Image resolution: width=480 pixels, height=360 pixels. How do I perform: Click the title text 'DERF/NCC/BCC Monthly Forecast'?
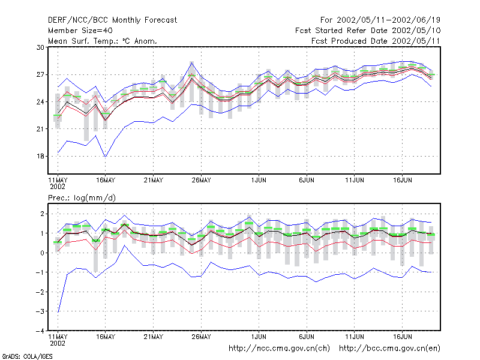[112, 20]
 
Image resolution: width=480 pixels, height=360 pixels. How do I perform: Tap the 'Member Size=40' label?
[80, 31]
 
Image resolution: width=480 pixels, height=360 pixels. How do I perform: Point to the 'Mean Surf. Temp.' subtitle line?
[102, 41]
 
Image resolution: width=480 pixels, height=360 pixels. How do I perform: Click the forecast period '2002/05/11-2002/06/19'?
[388, 20]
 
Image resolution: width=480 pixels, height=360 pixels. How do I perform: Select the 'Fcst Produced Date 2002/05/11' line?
[376, 41]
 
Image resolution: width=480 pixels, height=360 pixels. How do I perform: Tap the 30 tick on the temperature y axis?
[40, 47]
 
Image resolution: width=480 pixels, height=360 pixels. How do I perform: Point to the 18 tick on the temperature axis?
[40, 156]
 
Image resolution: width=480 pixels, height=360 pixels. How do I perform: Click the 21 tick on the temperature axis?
[40, 129]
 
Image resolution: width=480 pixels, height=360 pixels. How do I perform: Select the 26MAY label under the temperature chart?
[201, 180]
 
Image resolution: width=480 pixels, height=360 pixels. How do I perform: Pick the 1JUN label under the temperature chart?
[259, 180]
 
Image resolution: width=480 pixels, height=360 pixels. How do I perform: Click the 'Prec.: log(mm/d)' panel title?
[82, 198]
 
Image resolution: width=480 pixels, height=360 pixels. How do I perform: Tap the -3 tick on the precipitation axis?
[40, 311]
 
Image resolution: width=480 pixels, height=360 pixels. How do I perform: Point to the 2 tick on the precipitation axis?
[42, 214]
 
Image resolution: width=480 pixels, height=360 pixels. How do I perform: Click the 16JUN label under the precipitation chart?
[402, 337]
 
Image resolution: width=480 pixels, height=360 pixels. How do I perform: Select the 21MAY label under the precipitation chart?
[154, 337]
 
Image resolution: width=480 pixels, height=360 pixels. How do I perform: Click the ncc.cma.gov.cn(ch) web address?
[279, 349]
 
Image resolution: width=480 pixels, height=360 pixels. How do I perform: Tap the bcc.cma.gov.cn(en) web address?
[389, 349]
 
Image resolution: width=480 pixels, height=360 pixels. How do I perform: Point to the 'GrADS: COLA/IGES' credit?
[27, 356]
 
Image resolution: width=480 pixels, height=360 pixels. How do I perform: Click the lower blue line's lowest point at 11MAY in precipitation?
[58, 312]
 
